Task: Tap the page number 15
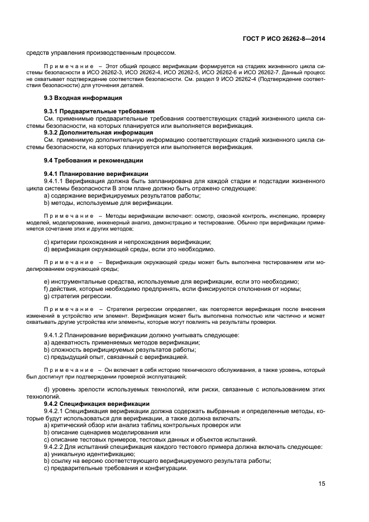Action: coord(322,483)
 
